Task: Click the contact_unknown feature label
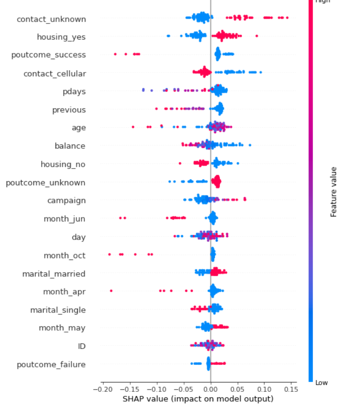[51, 19]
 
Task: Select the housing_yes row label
[61, 37]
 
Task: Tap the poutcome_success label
[48, 55]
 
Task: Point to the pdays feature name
[74, 91]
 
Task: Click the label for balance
[70, 146]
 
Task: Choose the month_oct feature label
[65, 255]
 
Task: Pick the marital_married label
[54, 273]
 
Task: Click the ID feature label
[82, 346]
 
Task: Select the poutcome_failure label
[51, 364]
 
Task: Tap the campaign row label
[67, 200]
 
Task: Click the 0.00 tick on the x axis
[210, 390]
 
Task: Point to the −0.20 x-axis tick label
[101, 390]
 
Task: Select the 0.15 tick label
[290, 390]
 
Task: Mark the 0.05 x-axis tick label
[237, 390]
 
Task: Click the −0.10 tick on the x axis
[155, 390]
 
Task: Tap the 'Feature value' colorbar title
[334, 192]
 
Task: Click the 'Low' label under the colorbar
[322, 383]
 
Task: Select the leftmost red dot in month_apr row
[111, 290]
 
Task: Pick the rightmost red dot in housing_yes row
[256, 36]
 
